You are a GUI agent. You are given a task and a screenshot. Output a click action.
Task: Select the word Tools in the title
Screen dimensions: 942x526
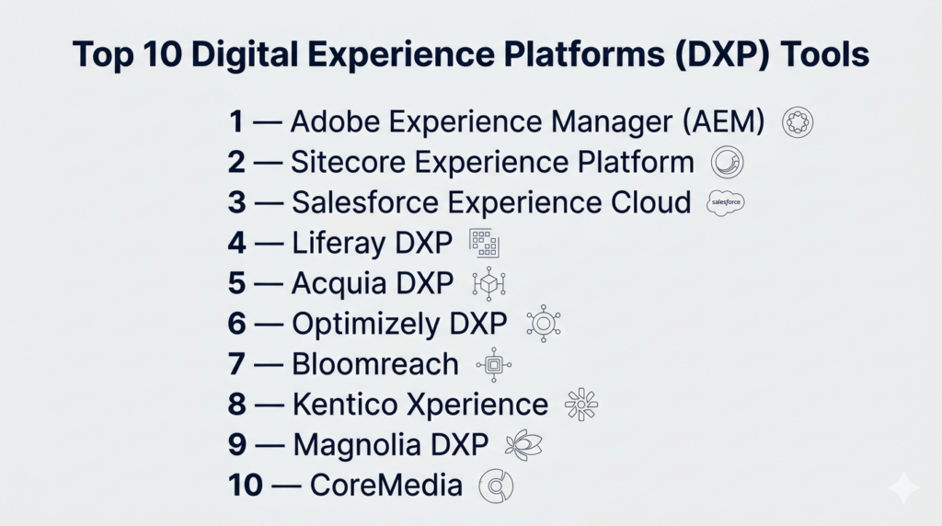point(825,54)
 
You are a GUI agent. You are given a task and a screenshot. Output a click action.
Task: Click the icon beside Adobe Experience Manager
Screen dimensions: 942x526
point(798,122)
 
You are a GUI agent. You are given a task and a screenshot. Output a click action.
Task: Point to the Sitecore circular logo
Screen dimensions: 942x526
point(727,162)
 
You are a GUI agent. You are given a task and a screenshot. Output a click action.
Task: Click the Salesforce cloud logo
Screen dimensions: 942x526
point(726,202)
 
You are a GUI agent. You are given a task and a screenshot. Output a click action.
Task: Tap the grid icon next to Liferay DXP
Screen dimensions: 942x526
point(484,243)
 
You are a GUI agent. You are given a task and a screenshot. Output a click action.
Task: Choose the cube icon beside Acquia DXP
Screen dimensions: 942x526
point(489,283)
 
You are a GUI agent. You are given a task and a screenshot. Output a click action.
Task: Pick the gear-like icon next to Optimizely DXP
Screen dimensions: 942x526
point(544,324)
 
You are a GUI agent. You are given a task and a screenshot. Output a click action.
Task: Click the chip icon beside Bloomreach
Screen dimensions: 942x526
point(494,364)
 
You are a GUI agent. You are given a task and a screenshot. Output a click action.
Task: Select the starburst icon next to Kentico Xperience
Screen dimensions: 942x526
point(581,405)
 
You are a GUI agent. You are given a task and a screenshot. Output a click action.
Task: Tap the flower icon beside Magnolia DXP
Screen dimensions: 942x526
point(523,445)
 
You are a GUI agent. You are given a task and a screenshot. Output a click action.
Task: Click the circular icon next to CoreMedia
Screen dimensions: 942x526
point(496,486)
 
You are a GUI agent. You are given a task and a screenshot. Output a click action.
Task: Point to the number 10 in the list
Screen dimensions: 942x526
point(245,486)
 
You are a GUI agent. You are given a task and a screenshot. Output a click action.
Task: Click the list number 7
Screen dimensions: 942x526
point(236,364)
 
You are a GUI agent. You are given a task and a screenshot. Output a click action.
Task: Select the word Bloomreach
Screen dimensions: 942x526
point(375,364)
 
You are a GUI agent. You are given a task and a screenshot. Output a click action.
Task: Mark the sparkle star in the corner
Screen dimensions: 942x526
point(903,487)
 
